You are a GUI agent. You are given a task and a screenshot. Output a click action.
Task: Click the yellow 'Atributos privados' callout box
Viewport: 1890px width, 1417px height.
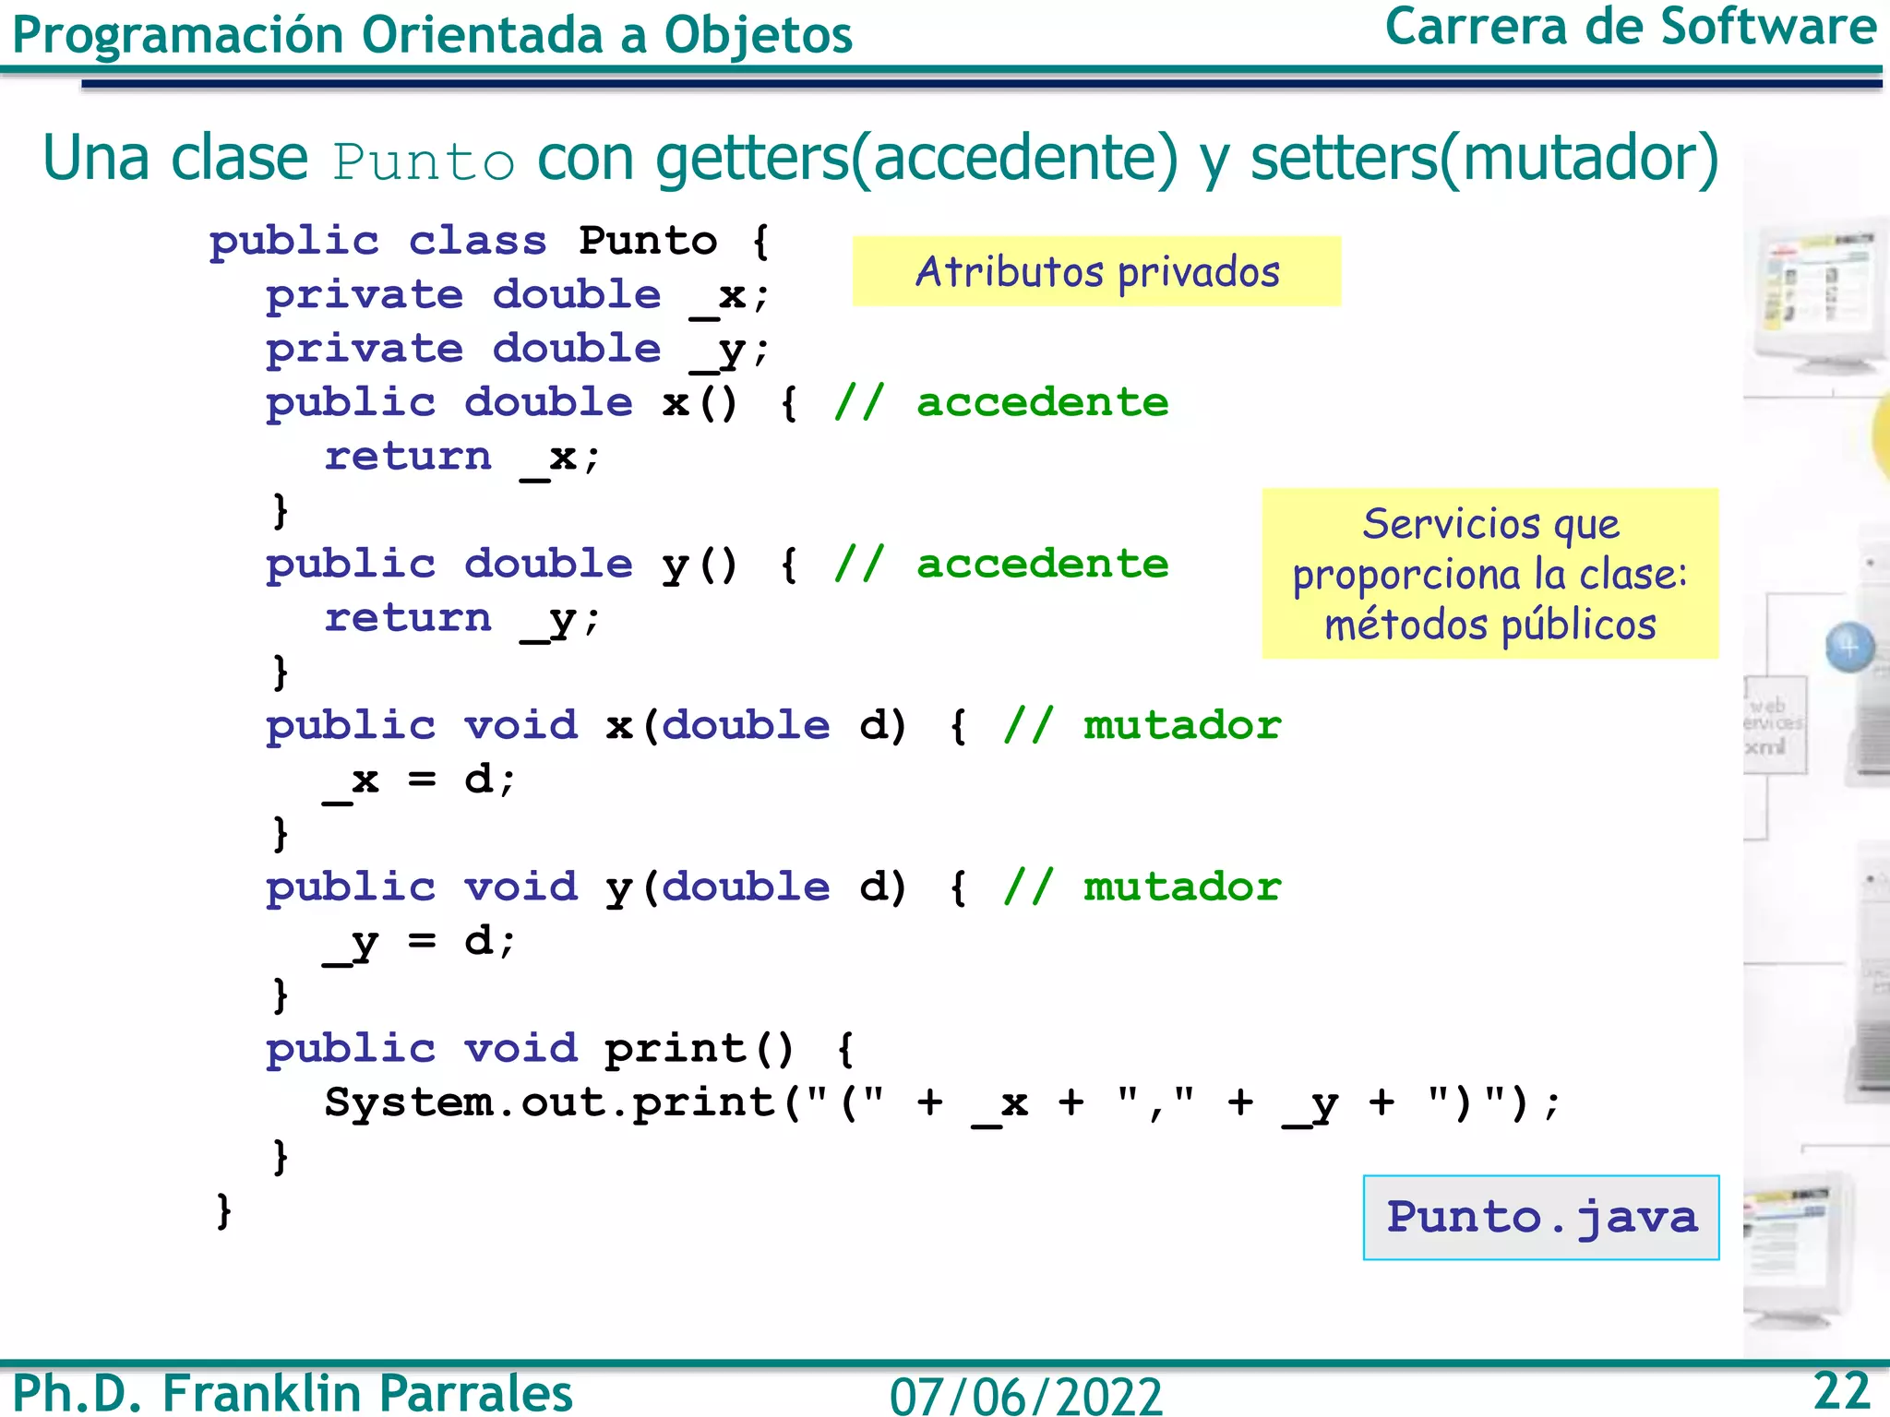click(1096, 271)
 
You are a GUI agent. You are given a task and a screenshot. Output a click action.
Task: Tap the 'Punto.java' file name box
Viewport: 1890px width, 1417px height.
click(1541, 1217)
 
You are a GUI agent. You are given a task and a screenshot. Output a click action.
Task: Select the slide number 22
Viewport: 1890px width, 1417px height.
click(1841, 1390)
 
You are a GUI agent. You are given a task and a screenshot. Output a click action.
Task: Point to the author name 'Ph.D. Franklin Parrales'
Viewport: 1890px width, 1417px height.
click(293, 1392)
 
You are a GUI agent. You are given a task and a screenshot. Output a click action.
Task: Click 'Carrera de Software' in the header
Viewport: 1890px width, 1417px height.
click(1630, 28)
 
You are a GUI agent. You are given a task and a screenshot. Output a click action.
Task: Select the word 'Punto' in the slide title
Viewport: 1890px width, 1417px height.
click(424, 162)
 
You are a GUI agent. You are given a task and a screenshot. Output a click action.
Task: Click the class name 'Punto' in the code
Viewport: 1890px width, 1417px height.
click(648, 241)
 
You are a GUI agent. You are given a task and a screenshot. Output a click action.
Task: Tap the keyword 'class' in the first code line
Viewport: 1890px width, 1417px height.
click(478, 241)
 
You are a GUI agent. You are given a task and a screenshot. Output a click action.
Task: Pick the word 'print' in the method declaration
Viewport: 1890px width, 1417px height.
click(676, 1049)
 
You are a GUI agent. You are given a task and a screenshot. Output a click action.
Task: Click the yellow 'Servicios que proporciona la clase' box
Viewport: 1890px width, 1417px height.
click(1489, 573)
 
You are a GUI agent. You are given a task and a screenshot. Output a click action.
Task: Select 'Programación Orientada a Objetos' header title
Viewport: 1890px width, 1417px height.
click(432, 35)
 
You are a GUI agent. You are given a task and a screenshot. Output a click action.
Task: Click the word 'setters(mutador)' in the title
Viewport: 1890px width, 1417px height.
click(1484, 159)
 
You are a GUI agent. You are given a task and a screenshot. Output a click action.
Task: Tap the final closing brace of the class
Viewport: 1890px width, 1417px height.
click(223, 1209)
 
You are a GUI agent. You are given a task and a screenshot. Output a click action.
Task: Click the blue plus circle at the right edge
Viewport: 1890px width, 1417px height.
click(1849, 647)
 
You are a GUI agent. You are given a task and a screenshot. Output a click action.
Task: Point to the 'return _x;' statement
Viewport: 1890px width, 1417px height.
click(462, 457)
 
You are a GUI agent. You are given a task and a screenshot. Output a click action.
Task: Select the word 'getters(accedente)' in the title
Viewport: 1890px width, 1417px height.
click(916, 159)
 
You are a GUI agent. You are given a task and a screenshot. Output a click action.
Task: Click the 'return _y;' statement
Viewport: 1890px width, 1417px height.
click(462, 618)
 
